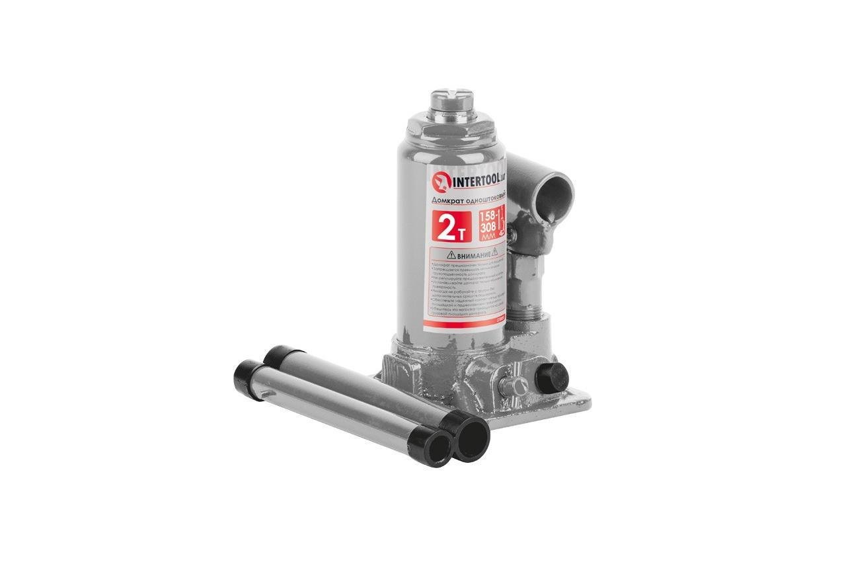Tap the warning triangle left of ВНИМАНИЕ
point(451,255)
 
